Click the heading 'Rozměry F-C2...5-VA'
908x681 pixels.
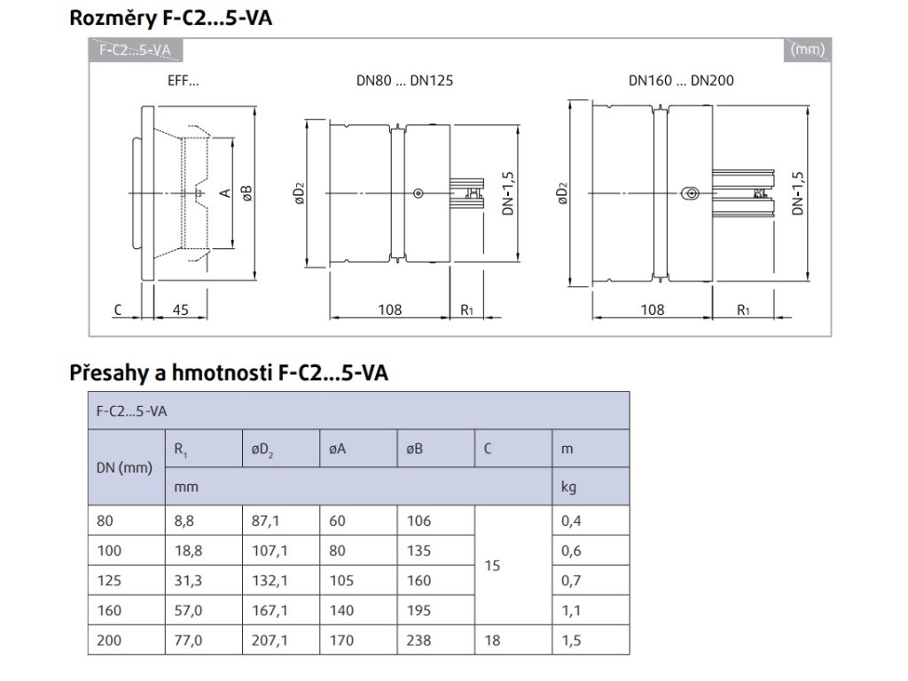point(170,19)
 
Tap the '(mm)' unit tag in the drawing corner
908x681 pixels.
point(807,50)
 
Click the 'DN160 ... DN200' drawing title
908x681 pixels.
point(681,80)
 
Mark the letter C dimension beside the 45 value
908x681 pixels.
point(117,309)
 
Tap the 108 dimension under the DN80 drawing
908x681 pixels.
point(389,309)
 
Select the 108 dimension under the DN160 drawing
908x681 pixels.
point(652,309)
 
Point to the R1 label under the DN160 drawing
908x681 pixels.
point(743,309)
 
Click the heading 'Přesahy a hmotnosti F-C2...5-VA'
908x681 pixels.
point(229,373)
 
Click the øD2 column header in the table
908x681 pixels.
point(262,450)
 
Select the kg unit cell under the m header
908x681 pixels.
point(568,487)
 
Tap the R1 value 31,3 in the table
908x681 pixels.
point(188,580)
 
